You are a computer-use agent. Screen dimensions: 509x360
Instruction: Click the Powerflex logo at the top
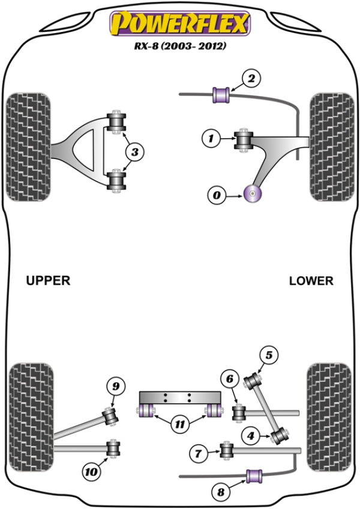[179, 24]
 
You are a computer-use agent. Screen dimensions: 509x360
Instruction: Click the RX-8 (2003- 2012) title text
[179, 46]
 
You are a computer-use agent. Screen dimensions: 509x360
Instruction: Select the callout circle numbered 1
[211, 140]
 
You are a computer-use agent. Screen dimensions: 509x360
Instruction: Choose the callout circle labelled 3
[135, 153]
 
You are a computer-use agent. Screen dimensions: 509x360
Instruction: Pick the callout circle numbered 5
[268, 356]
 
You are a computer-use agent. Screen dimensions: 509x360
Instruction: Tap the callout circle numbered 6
[229, 379]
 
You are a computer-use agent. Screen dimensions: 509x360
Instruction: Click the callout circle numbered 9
[116, 385]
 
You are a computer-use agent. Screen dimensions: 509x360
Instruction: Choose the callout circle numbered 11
[179, 425]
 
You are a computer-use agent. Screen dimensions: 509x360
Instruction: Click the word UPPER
[48, 280]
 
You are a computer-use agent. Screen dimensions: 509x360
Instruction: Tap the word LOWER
[311, 280]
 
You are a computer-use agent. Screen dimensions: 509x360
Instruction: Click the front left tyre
[28, 147]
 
